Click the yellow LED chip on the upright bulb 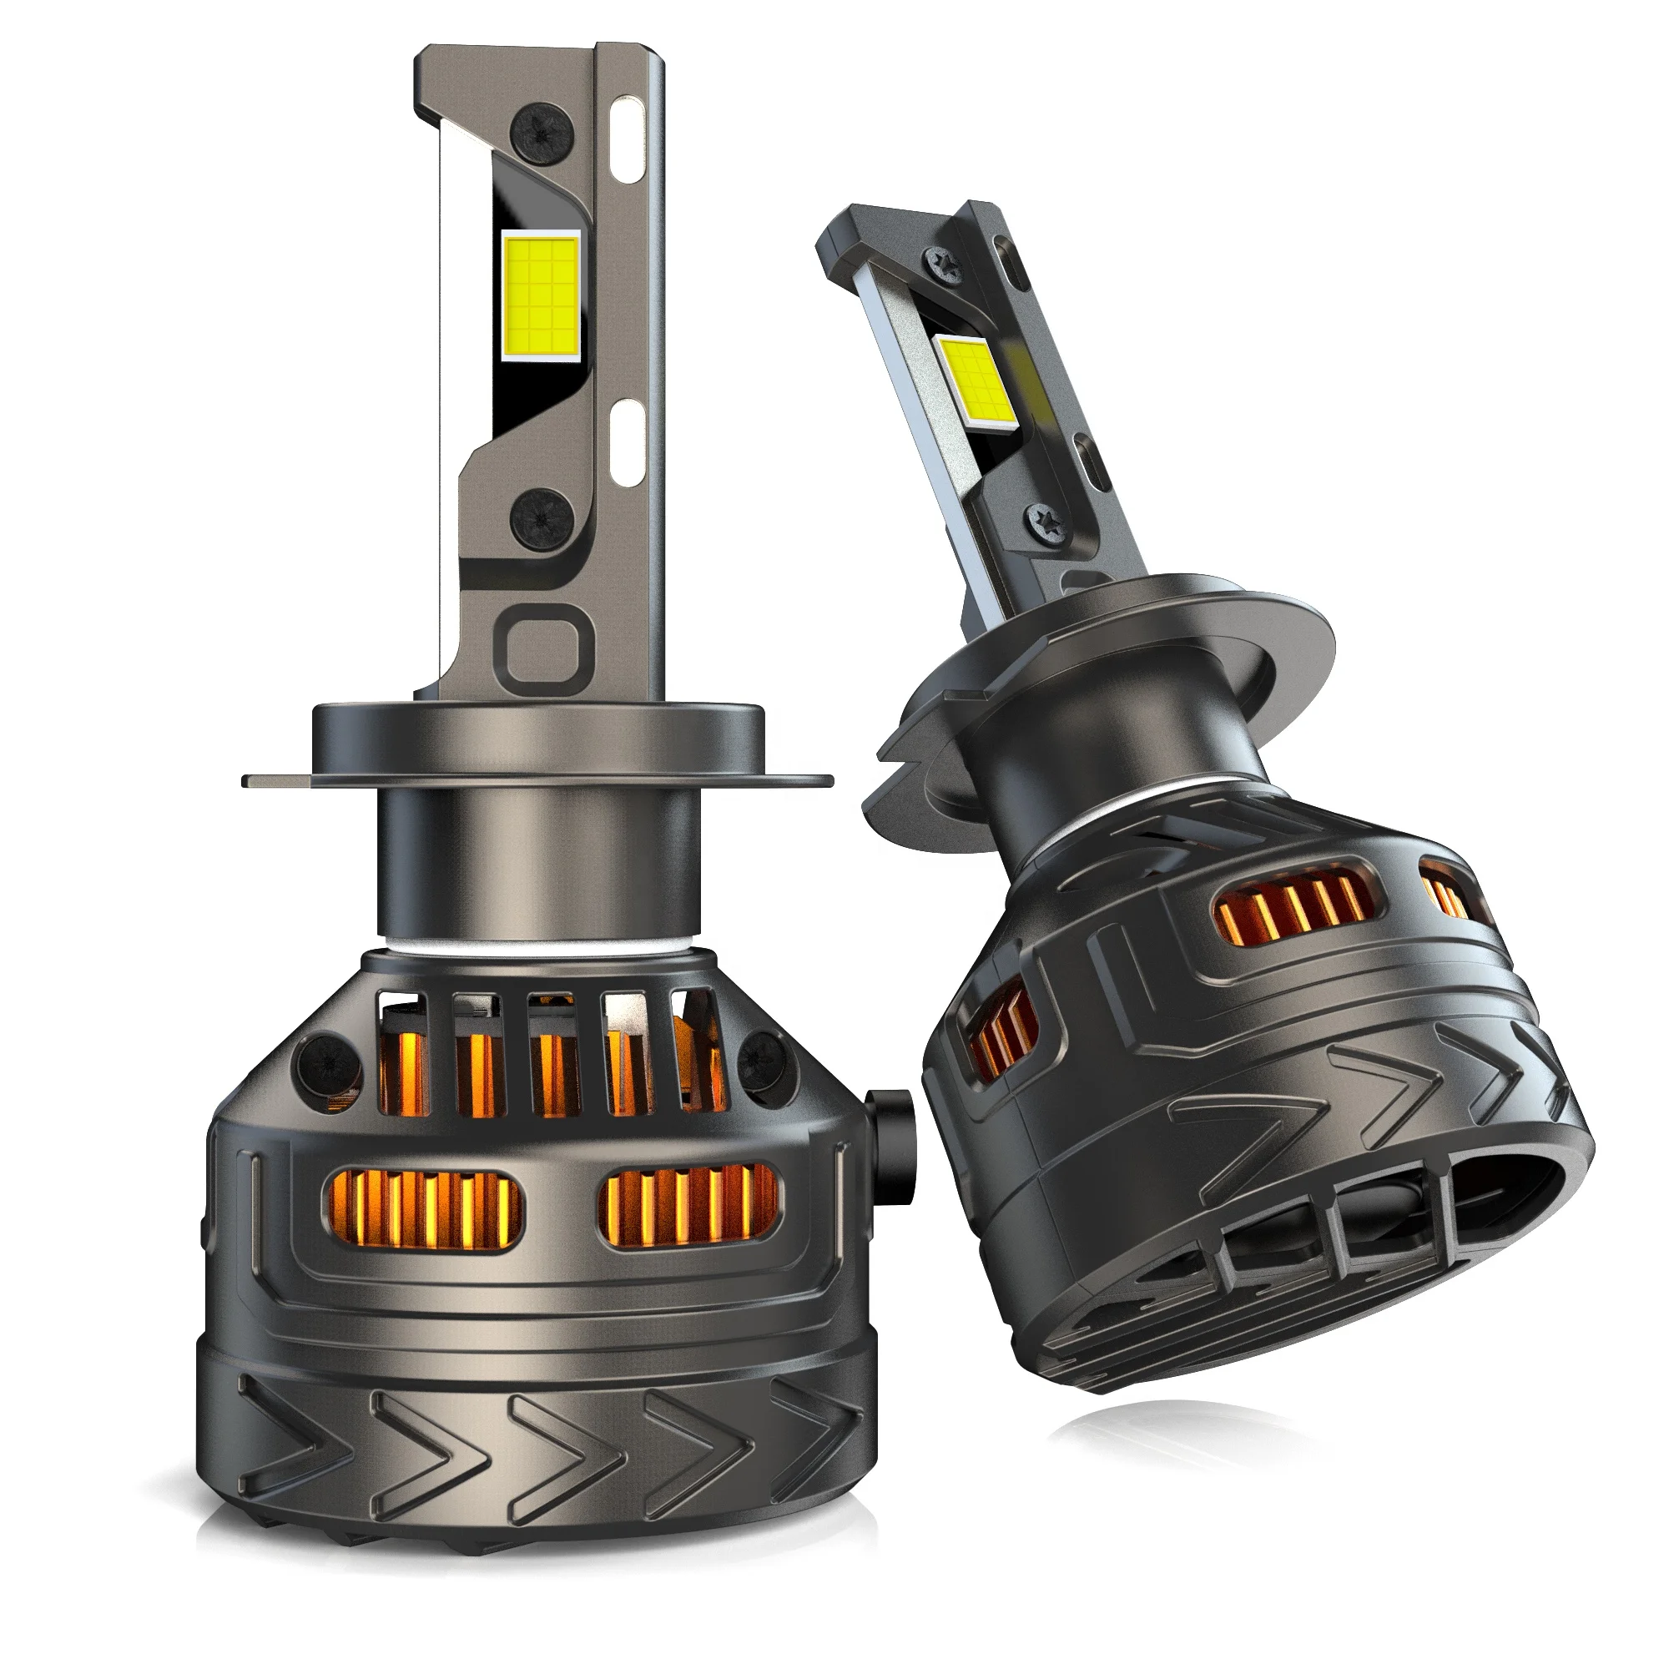(541, 295)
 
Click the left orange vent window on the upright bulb (424, 1209)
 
